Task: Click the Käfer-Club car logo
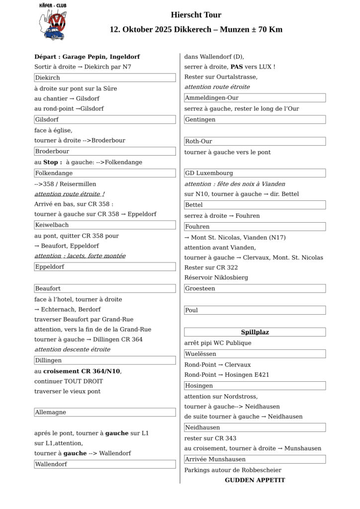tap(53, 22)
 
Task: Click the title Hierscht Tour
tap(196, 15)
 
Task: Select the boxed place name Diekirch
tap(47, 78)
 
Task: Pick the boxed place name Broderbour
tap(52, 151)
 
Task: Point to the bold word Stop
tap(51, 162)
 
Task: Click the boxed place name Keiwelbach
tap(52, 225)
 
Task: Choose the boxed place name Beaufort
tap(48, 288)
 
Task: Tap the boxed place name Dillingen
tap(48, 360)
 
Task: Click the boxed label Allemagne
tap(50, 412)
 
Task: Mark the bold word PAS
tap(237, 67)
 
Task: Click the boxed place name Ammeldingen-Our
tap(211, 98)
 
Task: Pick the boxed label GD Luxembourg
tap(209, 173)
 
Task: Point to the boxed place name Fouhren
tap(197, 227)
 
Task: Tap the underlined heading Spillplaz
tap(255, 332)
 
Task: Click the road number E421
tap(260, 375)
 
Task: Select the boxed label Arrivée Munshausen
tap(215, 459)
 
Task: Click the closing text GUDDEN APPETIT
tap(255, 480)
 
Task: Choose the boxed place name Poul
tap(191, 310)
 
